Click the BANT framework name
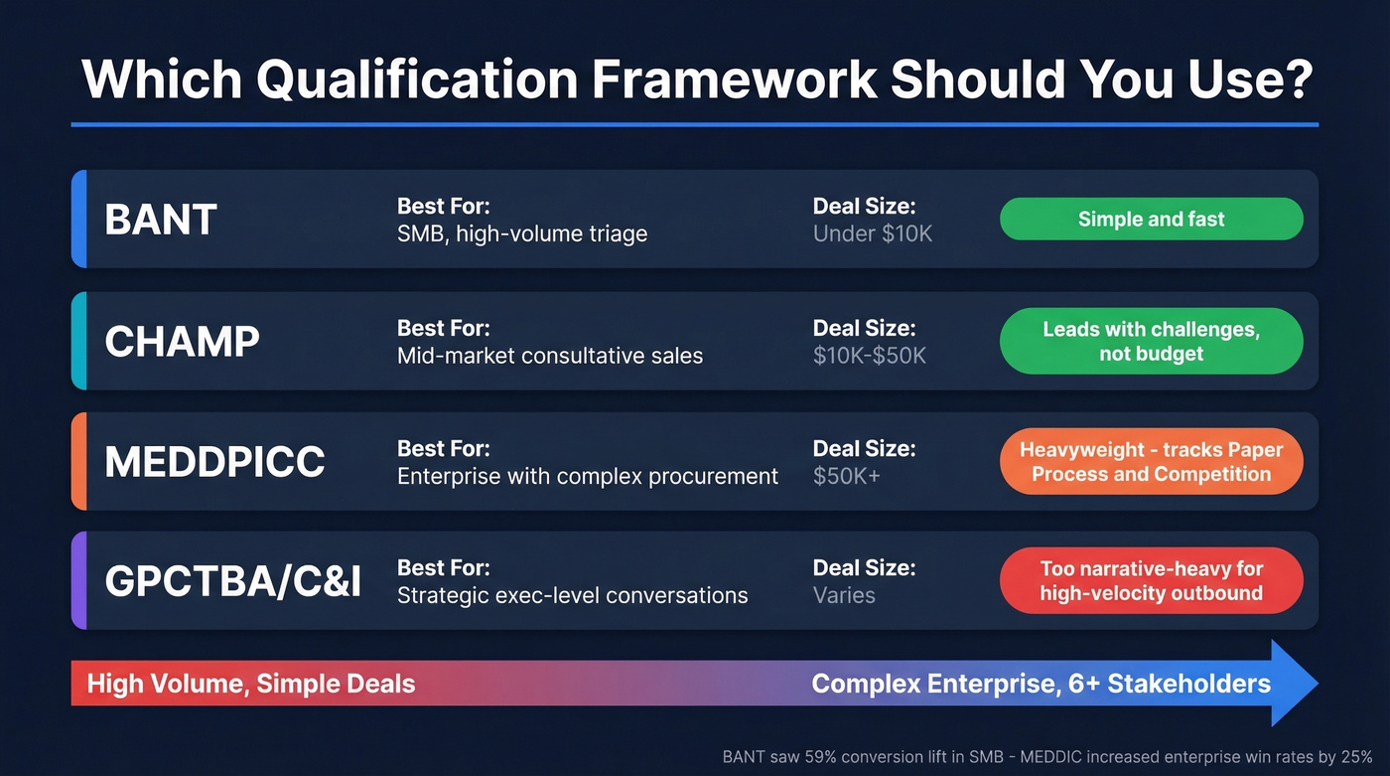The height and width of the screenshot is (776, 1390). coord(161,220)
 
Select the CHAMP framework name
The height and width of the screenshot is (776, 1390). coord(182,341)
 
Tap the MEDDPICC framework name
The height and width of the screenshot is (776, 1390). coord(214,462)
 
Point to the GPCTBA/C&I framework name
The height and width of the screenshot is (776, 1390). coord(232,582)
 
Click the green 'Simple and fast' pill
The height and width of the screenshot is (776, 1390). coord(1151,219)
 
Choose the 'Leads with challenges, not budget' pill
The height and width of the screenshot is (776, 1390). coord(1151,341)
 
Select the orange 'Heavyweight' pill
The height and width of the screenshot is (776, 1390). coord(1151,462)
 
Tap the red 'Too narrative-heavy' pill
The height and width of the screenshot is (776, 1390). coord(1151,581)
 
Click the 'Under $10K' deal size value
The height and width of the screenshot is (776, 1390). coord(873,234)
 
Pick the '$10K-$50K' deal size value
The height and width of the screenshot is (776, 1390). coord(869,356)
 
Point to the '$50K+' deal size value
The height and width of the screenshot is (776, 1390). coord(847,477)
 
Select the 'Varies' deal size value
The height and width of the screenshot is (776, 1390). coord(844,596)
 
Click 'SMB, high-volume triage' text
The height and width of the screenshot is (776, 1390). coord(522,234)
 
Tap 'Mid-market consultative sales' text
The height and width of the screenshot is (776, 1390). coord(550,356)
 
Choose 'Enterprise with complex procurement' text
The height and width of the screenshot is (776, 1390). coord(588,477)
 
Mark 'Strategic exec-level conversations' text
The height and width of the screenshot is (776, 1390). coord(573,596)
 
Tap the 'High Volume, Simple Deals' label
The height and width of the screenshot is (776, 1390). coord(251,684)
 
